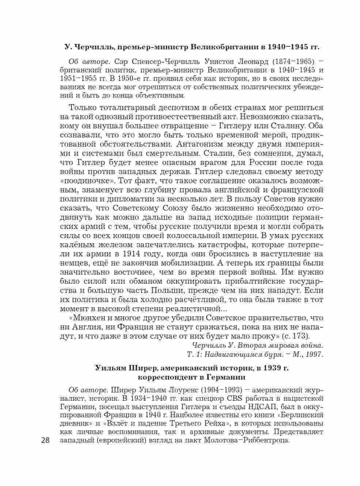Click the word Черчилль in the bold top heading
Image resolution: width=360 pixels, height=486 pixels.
(90, 47)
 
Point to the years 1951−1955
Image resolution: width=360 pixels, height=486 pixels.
(79, 79)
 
